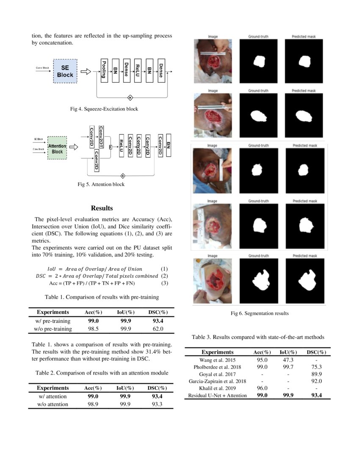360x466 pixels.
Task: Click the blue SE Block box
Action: point(65,71)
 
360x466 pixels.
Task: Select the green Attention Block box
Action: point(57,148)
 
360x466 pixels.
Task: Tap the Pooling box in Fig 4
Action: point(103,70)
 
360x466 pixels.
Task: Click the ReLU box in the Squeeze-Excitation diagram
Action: point(138,70)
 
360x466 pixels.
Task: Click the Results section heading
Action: point(102,208)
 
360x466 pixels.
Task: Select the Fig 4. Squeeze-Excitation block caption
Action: point(104,109)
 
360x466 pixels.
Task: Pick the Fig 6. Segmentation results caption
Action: point(260,313)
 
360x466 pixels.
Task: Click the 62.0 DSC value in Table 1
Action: point(157,329)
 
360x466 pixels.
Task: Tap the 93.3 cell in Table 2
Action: point(157,405)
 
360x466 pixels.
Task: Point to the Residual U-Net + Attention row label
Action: point(217,395)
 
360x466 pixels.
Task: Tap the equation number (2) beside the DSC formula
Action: point(165,276)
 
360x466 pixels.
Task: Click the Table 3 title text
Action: point(258,337)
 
